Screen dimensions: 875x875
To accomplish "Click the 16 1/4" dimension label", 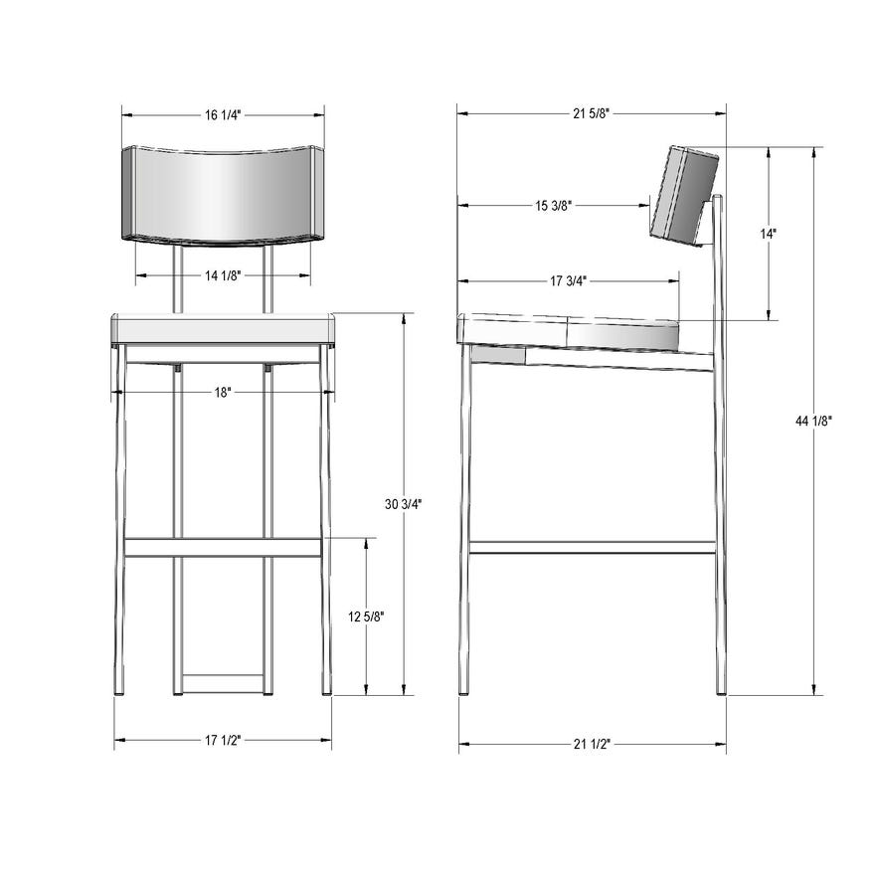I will pos(223,115).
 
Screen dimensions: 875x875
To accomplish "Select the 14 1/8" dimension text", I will pos(222,275).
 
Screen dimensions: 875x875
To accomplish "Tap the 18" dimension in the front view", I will pos(223,393).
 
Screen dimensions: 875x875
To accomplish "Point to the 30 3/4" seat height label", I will pos(404,504).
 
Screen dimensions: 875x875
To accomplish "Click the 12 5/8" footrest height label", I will pos(367,616).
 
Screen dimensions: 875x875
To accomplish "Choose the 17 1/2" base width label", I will pos(223,741).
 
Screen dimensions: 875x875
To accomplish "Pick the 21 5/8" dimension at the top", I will pos(591,113).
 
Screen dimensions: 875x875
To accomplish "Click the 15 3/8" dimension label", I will pos(554,206).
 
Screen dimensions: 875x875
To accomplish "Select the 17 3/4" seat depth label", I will pos(568,281).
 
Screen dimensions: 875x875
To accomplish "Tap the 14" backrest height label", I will pos(769,235).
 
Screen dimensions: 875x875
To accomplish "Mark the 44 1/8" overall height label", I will pos(814,422).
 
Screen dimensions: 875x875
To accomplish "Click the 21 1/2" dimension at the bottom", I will pos(592,744).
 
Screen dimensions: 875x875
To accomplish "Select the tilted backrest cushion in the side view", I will pos(684,194).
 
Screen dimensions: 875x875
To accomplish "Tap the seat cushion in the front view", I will pos(223,329).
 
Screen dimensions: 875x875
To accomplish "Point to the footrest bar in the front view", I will pos(223,547).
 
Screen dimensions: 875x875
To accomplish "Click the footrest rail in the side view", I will pos(592,547).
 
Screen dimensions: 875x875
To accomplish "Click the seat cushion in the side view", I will pos(572,332).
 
